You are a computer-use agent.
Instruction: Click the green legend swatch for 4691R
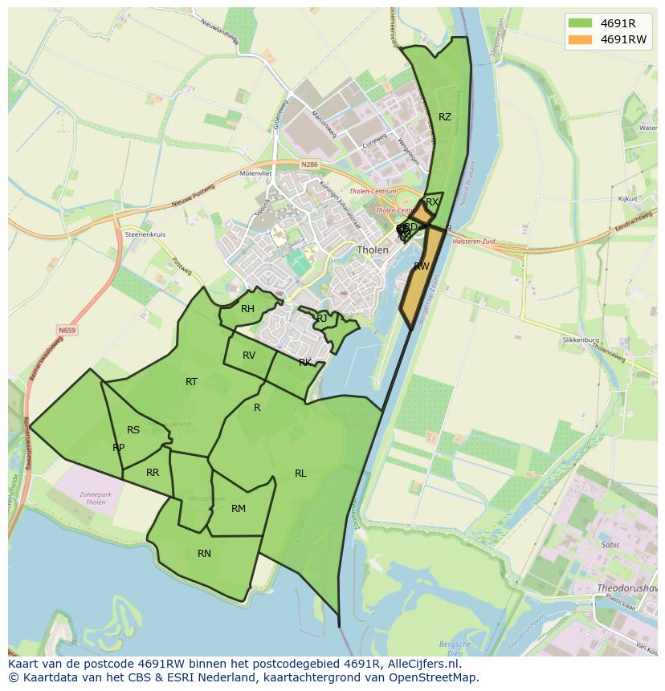[x=579, y=22]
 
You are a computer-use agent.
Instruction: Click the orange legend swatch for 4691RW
[x=579, y=39]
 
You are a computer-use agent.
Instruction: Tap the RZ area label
[x=445, y=117]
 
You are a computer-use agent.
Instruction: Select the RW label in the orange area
[x=421, y=266]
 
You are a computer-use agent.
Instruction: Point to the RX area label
[x=432, y=202]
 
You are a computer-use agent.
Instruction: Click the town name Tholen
[x=373, y=250]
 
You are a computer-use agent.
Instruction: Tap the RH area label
[x=247, y=309]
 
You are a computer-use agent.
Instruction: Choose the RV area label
[x=249, y=356]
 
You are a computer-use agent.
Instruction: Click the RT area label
[x=191, y=382]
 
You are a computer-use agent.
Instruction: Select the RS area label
[x=133, y=430]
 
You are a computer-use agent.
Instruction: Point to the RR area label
[x=153, y=473]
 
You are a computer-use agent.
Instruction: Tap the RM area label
[x=239, y=509]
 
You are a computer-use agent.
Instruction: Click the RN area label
[x=204, y=554]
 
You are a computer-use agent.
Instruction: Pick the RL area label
[x=300, y=474]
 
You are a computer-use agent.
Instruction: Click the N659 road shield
[x=67, y=330]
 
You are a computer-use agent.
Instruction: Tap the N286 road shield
[x=309, y=165]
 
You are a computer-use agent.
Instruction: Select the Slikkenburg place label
[x=581, y=340]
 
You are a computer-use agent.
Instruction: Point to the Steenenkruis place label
[x=145, y=234]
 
